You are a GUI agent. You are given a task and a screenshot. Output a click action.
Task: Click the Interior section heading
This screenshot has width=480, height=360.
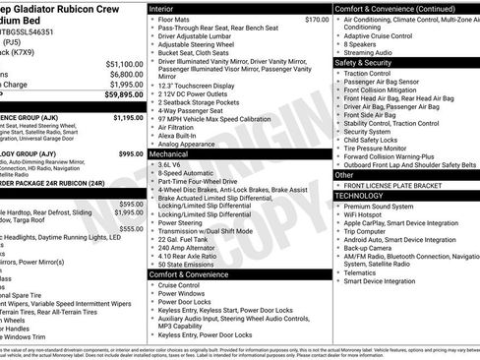[162, 8]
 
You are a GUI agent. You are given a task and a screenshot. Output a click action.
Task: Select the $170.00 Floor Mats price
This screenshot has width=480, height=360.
[317, 19]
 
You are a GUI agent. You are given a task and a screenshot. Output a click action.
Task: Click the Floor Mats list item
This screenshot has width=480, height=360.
[174, 19]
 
